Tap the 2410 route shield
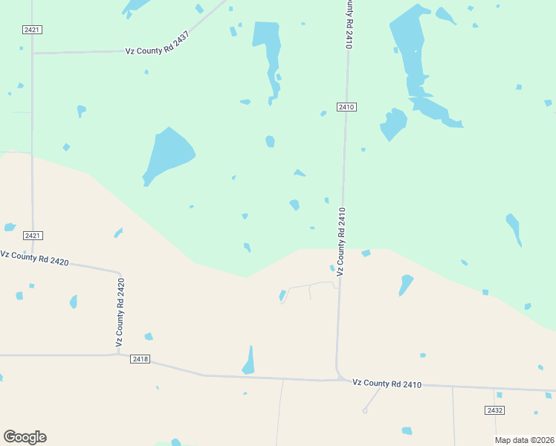345,107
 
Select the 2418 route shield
140,359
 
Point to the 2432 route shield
494,410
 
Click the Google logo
25,436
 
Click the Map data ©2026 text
525,440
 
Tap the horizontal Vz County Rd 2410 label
387,384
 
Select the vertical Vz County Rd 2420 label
119,312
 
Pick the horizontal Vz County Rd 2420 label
35,258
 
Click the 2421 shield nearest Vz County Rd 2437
32,29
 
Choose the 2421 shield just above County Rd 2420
33,236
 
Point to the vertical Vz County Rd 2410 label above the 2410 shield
348,25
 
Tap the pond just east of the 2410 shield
393,123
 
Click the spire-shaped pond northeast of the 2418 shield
249,362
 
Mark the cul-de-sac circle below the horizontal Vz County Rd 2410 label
365,410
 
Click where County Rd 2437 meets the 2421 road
32,53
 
